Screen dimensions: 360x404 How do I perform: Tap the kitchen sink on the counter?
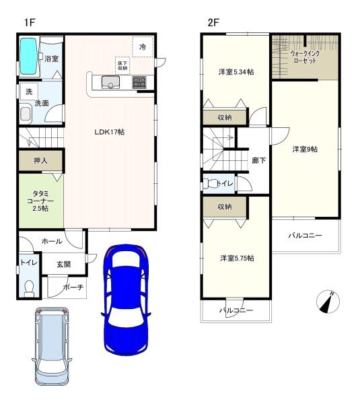(110, 82)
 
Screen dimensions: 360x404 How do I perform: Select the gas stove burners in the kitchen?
(139, 82)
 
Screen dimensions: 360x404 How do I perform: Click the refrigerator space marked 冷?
(143, 46)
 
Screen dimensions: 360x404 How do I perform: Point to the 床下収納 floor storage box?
(122, 66)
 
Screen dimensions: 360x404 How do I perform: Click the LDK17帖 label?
(110, 132)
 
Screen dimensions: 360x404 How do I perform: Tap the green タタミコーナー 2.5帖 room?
(41, 201)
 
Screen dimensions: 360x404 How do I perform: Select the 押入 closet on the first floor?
(40, 160)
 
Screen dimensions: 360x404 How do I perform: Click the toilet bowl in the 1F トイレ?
(29, 289)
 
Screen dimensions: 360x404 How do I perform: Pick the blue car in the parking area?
(125, 300)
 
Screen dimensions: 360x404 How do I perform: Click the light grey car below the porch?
(52, 346)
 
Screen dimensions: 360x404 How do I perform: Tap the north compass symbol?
(328, 302)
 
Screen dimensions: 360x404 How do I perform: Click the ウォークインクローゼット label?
(305, 57)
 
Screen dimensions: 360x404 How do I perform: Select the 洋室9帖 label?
(305, 149)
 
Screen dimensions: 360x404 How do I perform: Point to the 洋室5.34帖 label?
(236, 72)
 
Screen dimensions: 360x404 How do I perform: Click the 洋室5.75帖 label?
(237, 258)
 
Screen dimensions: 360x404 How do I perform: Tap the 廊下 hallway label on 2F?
(259, 160)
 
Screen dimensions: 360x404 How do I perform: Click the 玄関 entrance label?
(63, 264)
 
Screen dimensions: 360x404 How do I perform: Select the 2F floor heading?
(213, 23)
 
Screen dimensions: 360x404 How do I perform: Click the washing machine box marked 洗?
(29, 91)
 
